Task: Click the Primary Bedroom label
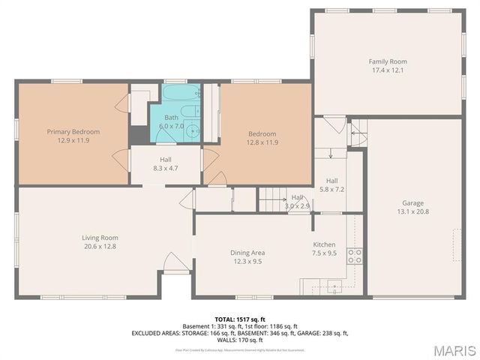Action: [x=73, y=131]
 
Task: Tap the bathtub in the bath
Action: [x=179, y=95]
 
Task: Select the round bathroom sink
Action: [x=193, y=131]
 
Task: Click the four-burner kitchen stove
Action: [x=355, y=259]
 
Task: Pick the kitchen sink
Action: [x=331, y=285]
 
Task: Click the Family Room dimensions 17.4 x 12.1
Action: [x=386, y=70]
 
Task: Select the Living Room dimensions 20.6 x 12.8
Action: [x=100, y=246]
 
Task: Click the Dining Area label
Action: [x=247, y=253]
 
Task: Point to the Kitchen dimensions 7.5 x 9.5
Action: [x=324, y=253]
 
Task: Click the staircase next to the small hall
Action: [x=273, y=200]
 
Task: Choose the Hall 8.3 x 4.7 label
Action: [x=166, y=169]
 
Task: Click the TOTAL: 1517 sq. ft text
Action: [x=239, y=319]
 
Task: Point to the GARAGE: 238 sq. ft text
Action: [x=324, y=332]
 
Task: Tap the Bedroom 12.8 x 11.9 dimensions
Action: [x=262, y=142]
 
